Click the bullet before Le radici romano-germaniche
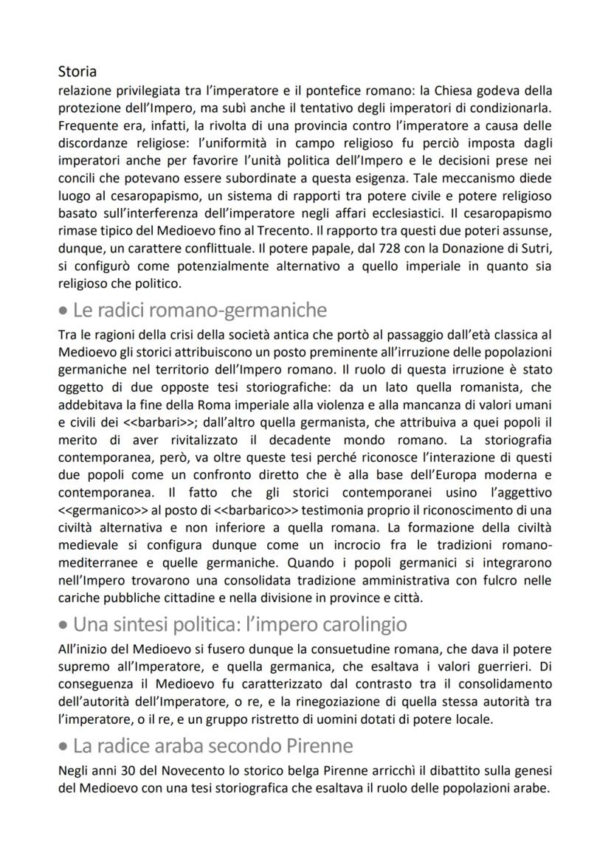(63, 311)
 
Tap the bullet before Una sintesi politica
(63, 625)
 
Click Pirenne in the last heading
(320, 747)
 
